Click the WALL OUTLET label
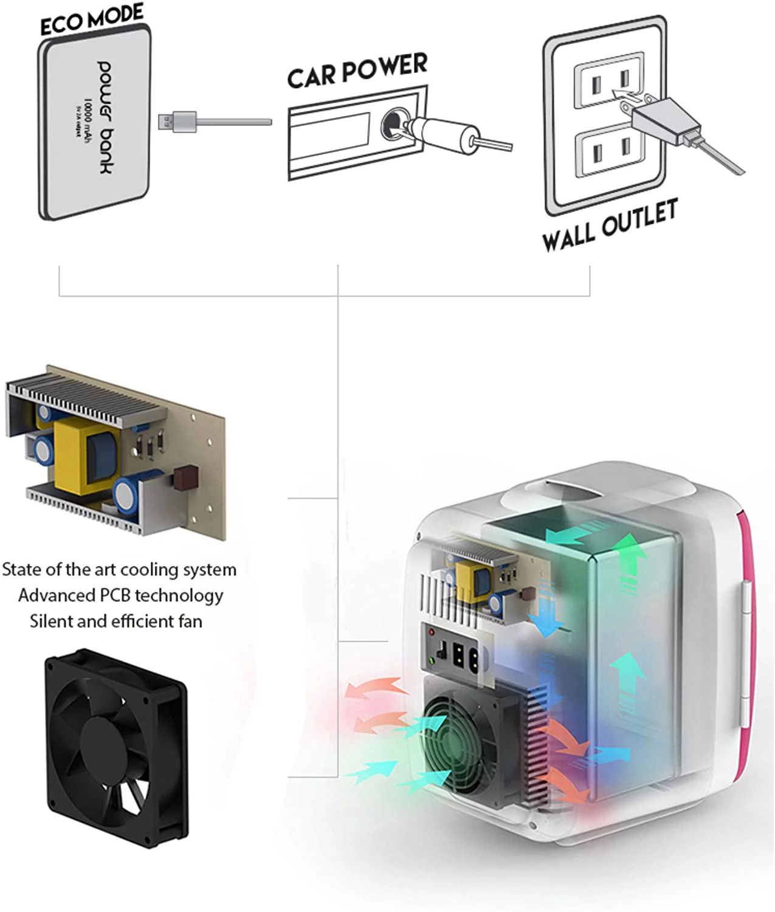[610, 225]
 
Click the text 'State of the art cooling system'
[119, 570]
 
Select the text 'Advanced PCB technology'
[120, 595]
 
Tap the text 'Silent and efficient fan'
[116, 621]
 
